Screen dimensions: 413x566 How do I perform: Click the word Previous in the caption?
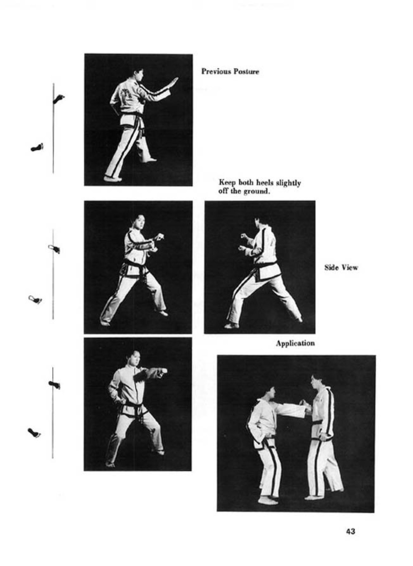(x=216, y=72)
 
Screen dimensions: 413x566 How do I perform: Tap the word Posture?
(x=246, y=72)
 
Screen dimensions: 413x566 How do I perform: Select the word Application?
(x=295, y=343)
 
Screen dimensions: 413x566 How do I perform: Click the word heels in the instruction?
(x=265, y=182)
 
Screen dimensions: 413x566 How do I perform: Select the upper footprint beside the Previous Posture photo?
(x=59, y=98)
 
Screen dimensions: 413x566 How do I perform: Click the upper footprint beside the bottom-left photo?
(x=54, y=384)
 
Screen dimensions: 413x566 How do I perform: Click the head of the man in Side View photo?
(x=260, y=223)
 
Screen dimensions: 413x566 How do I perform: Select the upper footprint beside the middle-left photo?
(x=54, y=249)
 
